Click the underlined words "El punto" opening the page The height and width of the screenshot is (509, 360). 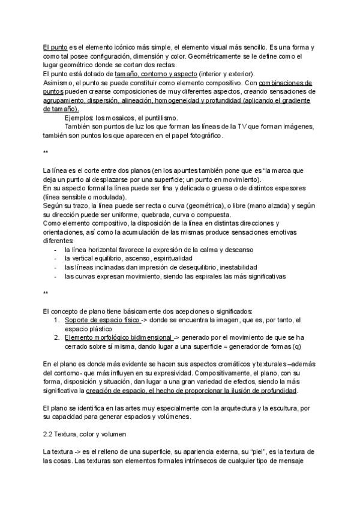click(55, 47)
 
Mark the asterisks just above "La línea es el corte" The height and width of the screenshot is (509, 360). click(46, 153)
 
